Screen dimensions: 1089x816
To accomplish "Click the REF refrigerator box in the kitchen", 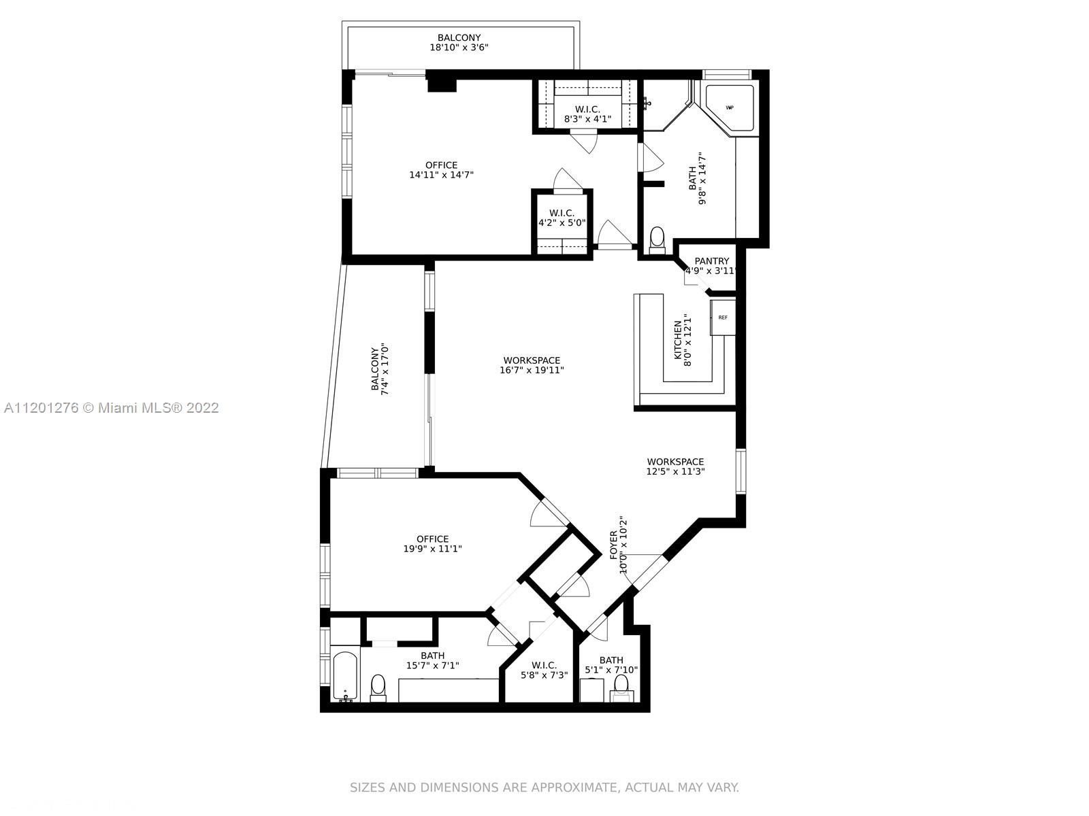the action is (722, 318).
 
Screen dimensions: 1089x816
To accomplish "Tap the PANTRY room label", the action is (711, 261).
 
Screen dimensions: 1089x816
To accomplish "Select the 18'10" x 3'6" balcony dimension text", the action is (459, 48).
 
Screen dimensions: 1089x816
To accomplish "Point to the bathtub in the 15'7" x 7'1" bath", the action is (345, 677).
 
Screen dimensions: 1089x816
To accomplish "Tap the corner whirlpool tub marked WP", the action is (730, 108).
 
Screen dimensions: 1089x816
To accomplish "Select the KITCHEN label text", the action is (678, 340).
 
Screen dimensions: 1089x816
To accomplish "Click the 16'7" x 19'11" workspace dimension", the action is (532, 370).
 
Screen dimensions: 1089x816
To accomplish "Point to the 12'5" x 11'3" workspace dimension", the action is (675, 472).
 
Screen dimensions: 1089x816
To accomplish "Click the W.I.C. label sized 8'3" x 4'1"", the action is (587, 109).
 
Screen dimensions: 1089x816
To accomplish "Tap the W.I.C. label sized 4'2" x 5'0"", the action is (562, 214).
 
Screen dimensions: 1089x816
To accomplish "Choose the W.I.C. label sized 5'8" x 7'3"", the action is (544, 666).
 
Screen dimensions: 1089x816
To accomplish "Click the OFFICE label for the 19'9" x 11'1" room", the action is (433, 539).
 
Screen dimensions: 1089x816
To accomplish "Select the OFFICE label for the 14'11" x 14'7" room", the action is (442, 165).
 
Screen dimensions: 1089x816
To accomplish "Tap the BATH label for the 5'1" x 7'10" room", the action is (611, 660).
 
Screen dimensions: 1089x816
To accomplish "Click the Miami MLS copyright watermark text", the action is (112, 408).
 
